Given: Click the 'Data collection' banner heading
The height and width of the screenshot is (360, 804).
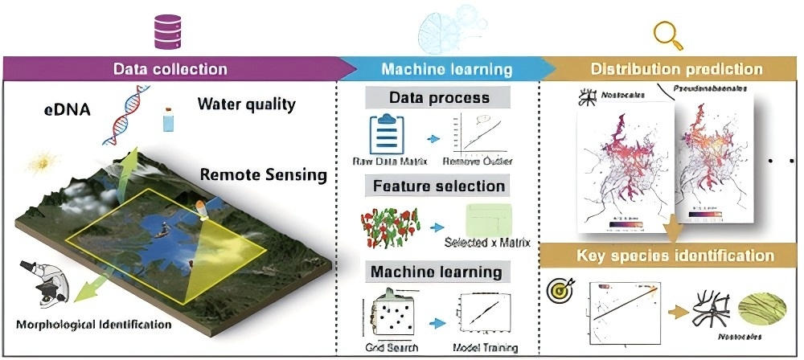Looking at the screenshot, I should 170,68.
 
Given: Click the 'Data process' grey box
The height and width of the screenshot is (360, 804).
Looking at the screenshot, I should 438,98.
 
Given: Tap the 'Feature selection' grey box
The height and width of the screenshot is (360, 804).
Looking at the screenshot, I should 438,186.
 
